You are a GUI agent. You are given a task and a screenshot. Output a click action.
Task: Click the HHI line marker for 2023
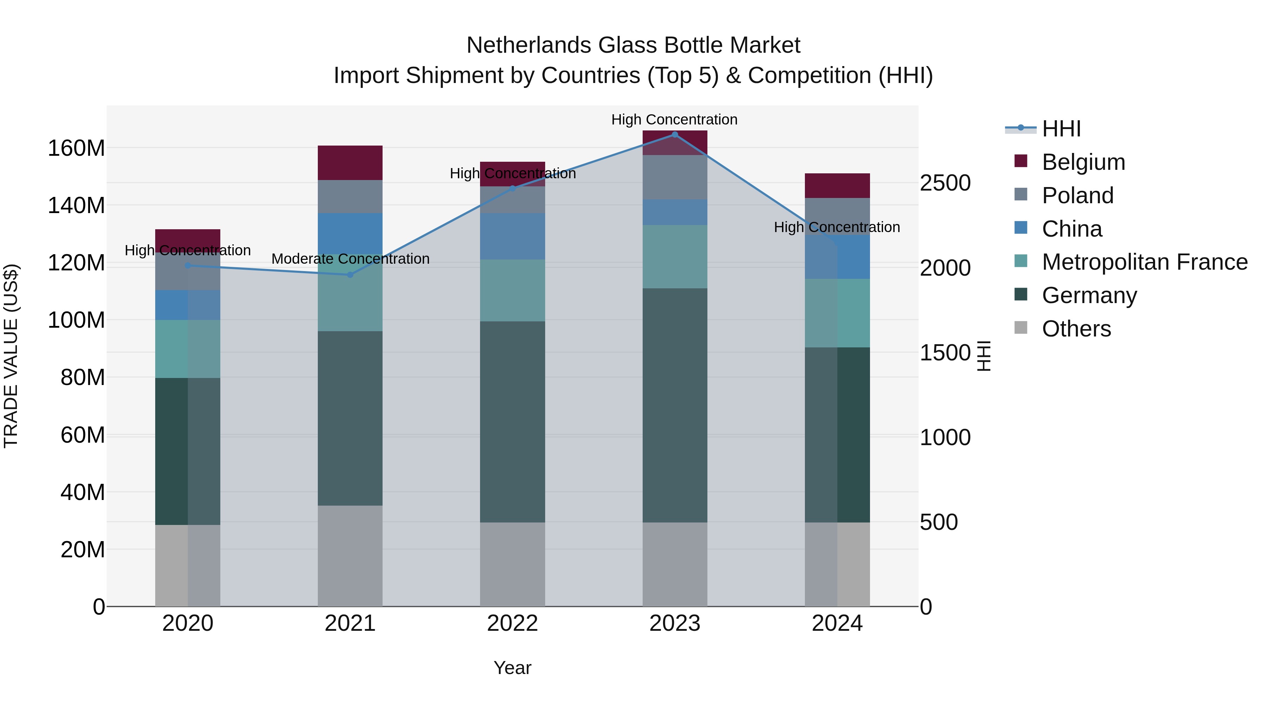pyautogui.click(x=675, y=134)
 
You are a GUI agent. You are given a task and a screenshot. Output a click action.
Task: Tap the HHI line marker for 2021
pyautogui.click(x=350, y=275)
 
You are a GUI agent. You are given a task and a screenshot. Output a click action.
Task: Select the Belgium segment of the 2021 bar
pyautogui.click(x=350, y=163)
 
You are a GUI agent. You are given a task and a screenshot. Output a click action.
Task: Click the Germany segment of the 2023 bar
pyautogui.click(x=675, y=405)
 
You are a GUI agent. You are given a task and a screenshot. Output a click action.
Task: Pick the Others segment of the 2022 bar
pyautogui.click(x=512, y=564)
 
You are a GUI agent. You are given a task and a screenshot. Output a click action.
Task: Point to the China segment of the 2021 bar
pyautogui.click(x=350, y=233)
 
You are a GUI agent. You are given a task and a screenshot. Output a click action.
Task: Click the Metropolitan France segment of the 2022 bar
pyautogui.click(x=512, y=290)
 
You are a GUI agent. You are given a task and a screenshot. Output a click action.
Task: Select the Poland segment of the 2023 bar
pyautogui.click(x=675, y=177)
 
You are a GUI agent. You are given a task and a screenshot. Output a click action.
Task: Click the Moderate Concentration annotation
pyautogui.click(x=350, y=259)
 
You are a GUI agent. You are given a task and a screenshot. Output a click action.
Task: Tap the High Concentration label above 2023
pyautogui.click(x=674, y=120)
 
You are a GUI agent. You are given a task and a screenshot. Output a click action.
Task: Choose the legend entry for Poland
pyautogui.click(x=1077, y=195)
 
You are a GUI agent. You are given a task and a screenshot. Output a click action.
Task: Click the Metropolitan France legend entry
pyautogui.click(x=1144, y=262)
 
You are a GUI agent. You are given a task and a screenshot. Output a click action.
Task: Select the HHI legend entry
pyautogui.click(x=1061, y=129)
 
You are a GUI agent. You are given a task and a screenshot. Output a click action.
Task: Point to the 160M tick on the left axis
pyautogui.click(x=76, y=148)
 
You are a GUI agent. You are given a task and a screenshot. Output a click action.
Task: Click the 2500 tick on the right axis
pyautogui.click(x=945, y=183)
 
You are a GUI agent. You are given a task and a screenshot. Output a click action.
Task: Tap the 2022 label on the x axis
pyautogui.click(x=512, y=623)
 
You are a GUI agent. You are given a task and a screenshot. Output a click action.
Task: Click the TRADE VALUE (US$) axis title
pyautogui.click(x=11, y=356)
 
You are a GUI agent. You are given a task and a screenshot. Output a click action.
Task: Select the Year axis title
pyautogui.click(x=512, y=668)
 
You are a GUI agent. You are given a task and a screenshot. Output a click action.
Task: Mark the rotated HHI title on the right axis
pyautogui.click(x=983, y=356)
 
